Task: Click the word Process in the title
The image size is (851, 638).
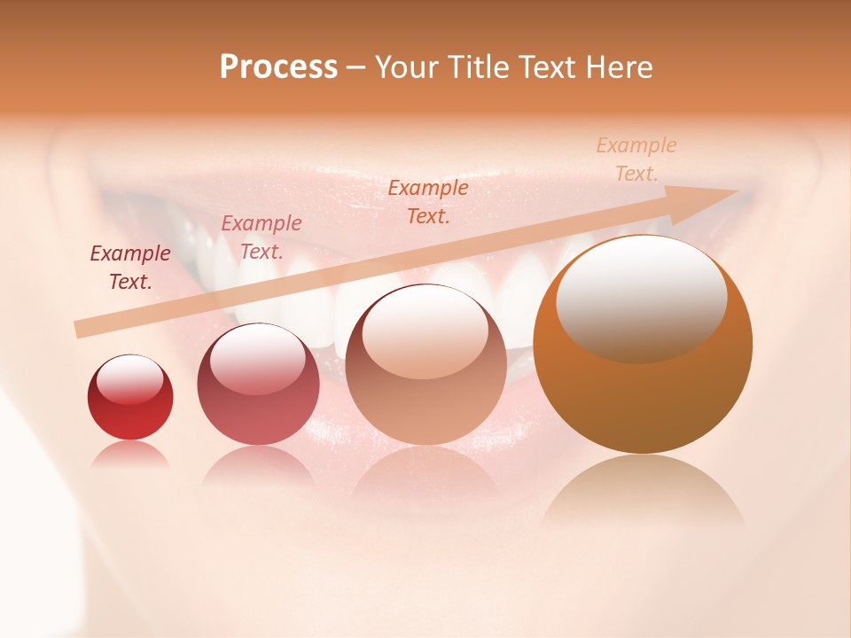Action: pyautogui.click(x=278, y=67)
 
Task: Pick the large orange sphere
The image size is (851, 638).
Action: pyautogui.click(x=643, y=390)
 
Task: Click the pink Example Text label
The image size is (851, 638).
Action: pyautogui.click(x=262, y=237)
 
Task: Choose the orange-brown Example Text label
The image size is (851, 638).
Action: pyautogui.click(x=428, y=201)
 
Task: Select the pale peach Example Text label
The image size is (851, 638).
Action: pyautogui.click(x=636, y=159)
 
